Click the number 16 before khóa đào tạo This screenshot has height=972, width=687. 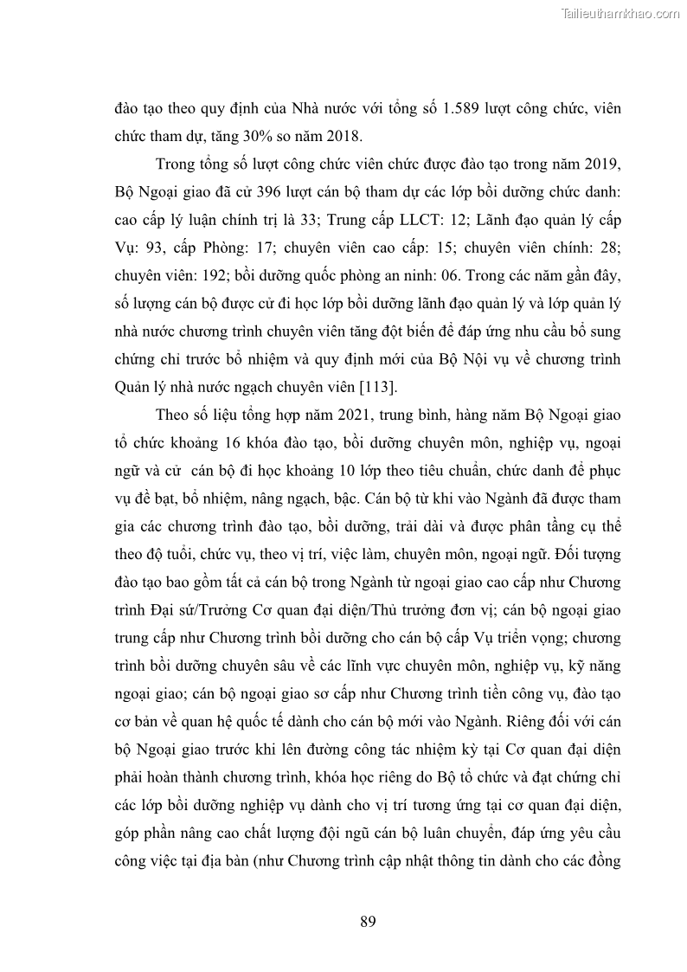(231, 442)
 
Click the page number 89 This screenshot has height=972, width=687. (368, 921)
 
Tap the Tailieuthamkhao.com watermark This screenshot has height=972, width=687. (620, 13)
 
